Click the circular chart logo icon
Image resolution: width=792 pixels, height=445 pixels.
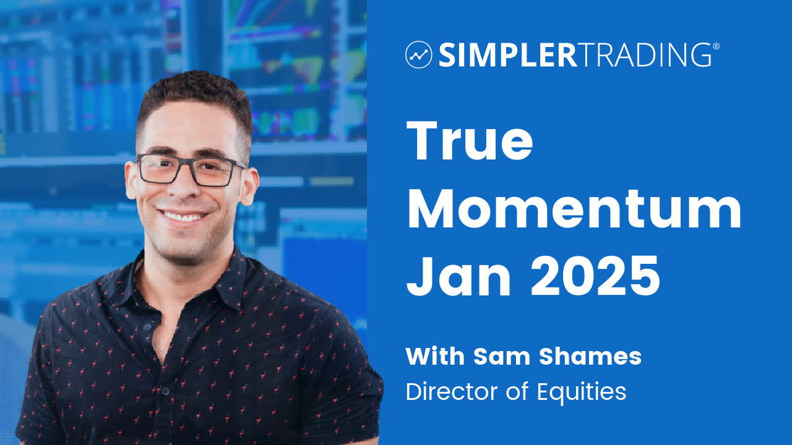pyautogui.click(x=419, y=54)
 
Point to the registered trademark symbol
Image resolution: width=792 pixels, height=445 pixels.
pyautogui.click(x=716, y=46)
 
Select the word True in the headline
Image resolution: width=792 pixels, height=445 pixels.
pyautogui.click(x=470, y=140)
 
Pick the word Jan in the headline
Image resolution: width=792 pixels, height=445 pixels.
pyautogui.click(x=458, y=276)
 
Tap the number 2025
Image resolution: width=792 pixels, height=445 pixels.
pyautogui.click(x=595, y=276)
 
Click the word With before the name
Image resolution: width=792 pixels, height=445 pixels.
pyautogui.click(x=435, y=357)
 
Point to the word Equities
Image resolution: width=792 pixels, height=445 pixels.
pyautogui.click(x=581, y=392)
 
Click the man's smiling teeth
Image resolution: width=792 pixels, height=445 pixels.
pyautogui.click(x=183, y=216)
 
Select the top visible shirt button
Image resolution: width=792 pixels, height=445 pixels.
pyautogui.click(x=147, y=327)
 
